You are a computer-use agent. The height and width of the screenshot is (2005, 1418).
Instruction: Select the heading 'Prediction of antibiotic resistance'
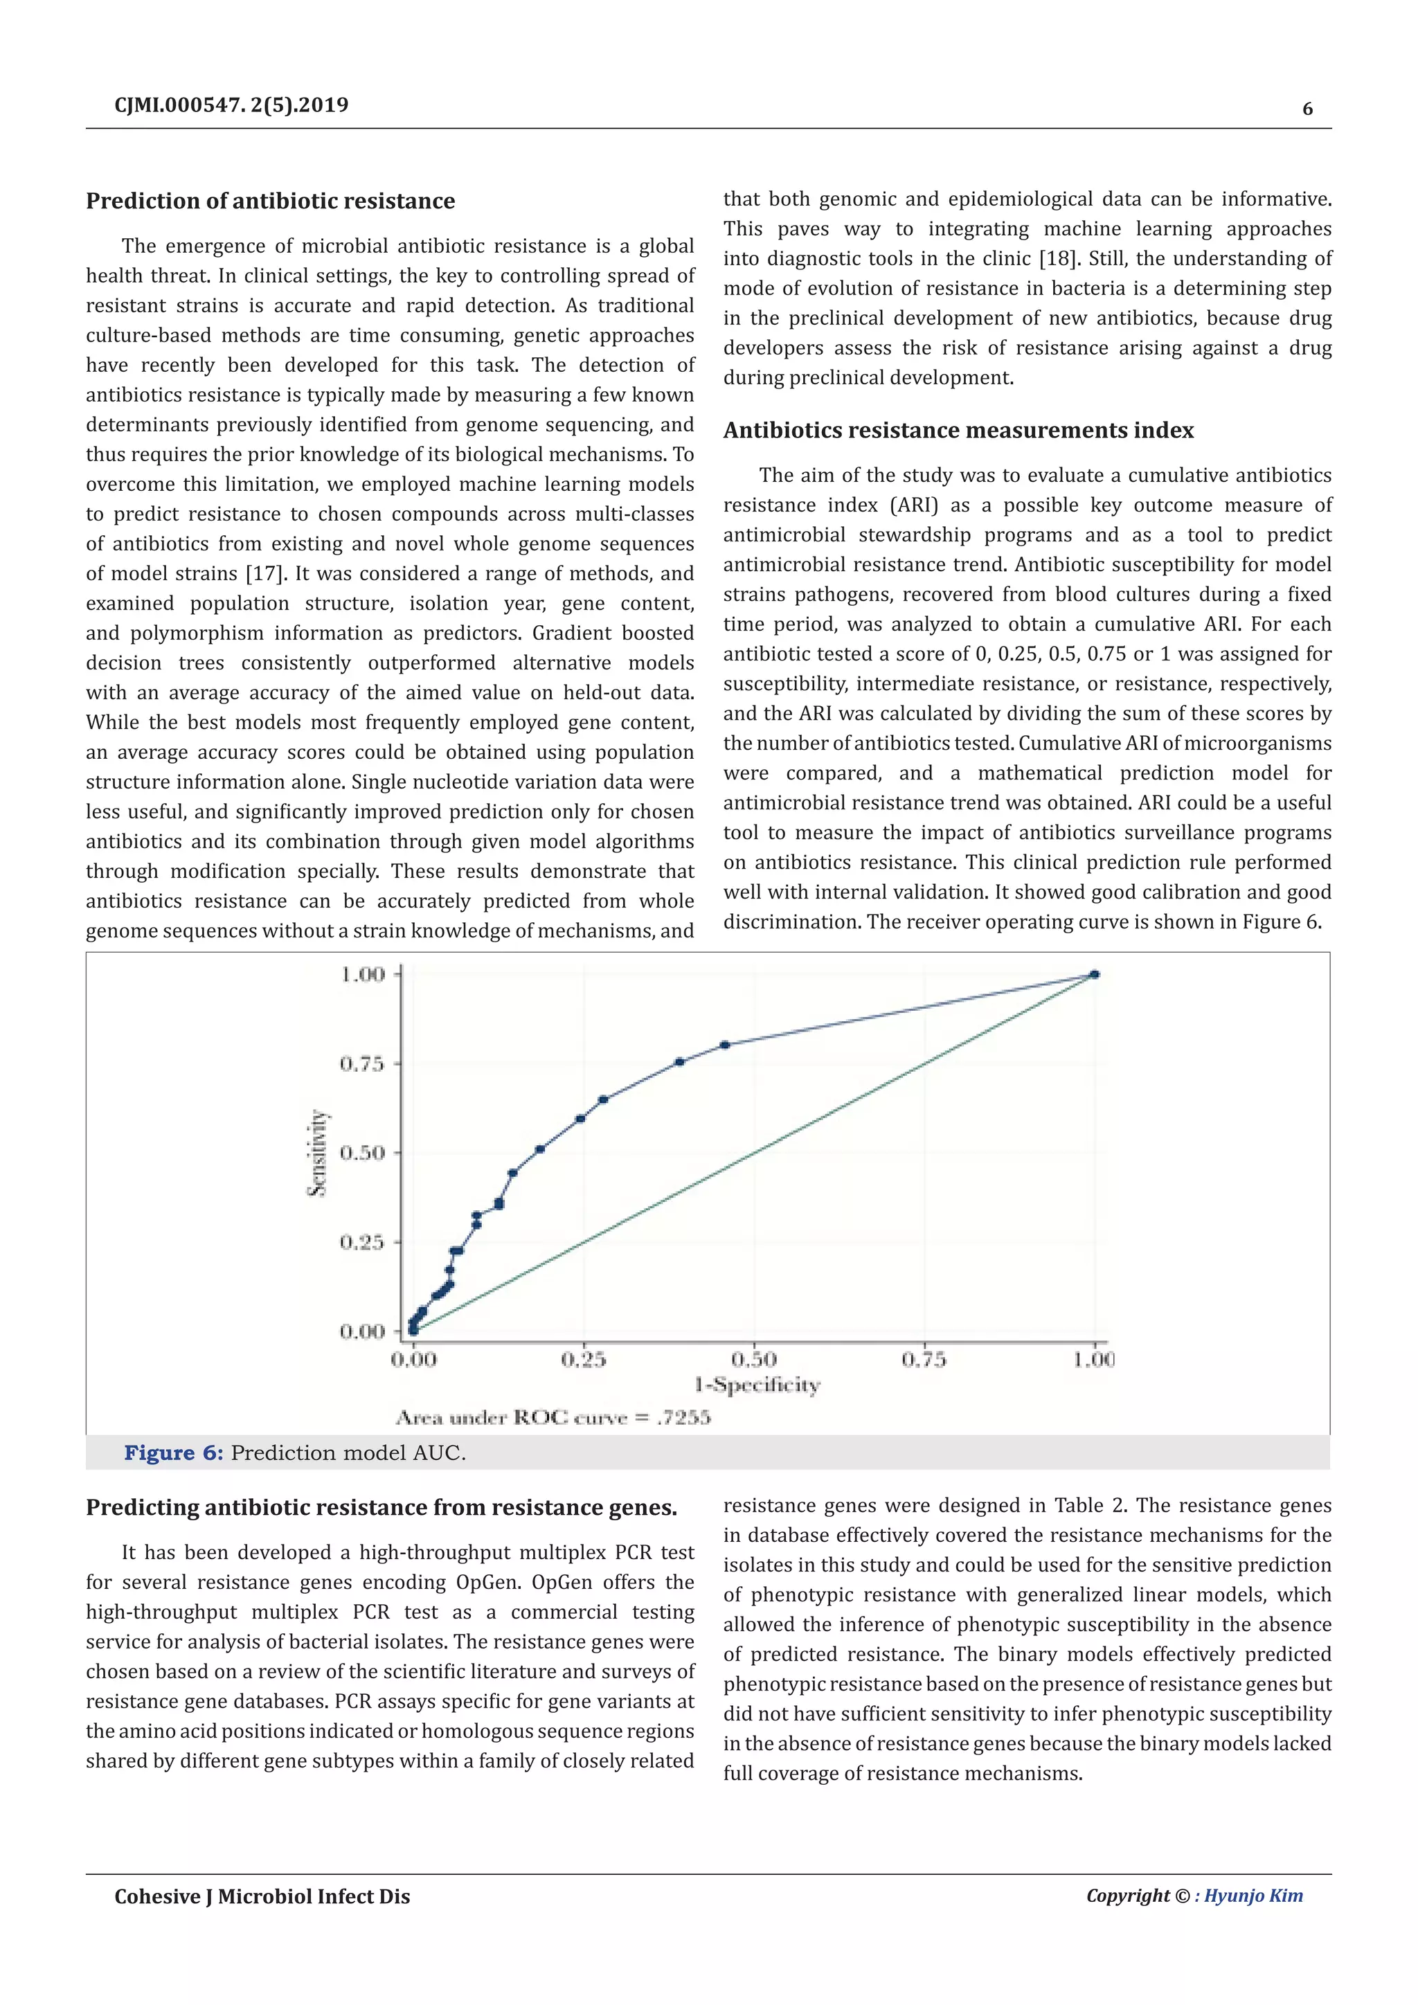pyautogui.click(x=271, y=201)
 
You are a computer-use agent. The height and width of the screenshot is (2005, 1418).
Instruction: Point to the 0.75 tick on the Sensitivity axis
pyautogui.click(x=361, y=1063)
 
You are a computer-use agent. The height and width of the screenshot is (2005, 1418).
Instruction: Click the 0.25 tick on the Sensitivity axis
pyautogui.click(x=361, y=1242)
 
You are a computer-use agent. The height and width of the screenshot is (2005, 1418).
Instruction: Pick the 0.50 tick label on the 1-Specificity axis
pyautogui.click(x=753, y=1360)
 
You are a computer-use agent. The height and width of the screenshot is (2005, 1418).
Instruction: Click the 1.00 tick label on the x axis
pyautogui.click(x=1094, y=1360)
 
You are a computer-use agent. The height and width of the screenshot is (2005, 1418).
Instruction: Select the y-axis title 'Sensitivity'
pyautogui.click(x=318, y=1153)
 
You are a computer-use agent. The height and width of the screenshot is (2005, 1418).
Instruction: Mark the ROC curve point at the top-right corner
pyautogui.click(x=1095, y=975)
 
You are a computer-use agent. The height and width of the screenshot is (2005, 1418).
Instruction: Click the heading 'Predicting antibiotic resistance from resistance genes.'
pyautogui.click(x=382, y=1508)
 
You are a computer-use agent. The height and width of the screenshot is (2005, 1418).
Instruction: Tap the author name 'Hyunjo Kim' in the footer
pyautogui.click(x=1253, y=1896)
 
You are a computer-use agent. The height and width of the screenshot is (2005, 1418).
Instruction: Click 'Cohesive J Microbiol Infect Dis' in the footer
pyautogui.click(x=262, y=1897)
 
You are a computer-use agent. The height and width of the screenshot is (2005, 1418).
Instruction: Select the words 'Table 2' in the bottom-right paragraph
pyautogui.click(x=1090, y=1506)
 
